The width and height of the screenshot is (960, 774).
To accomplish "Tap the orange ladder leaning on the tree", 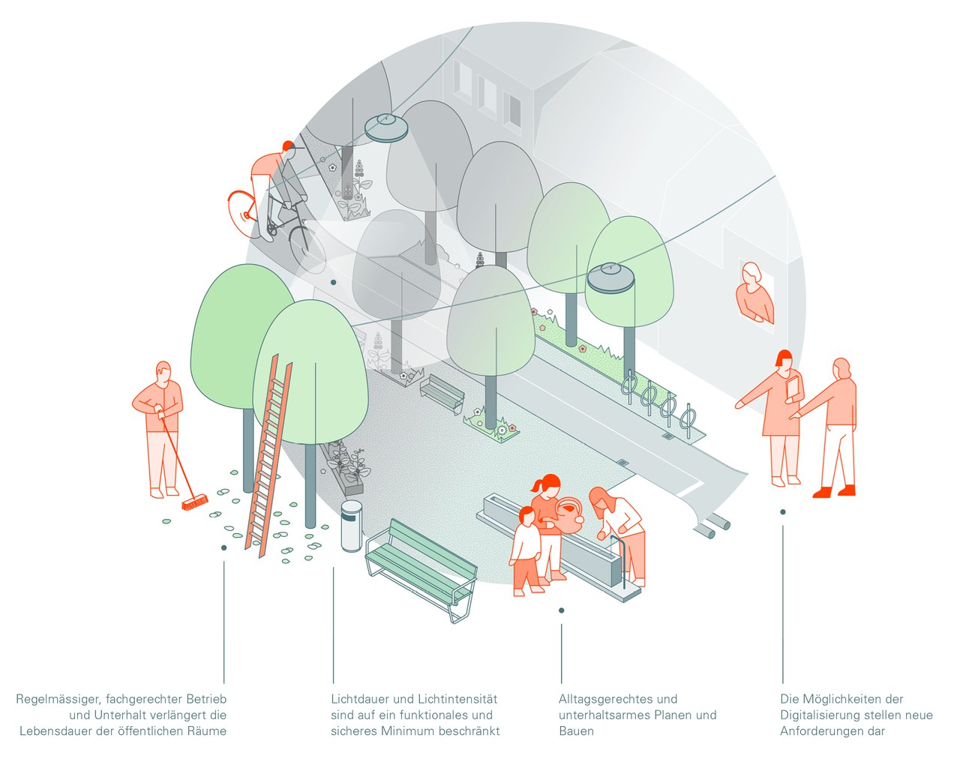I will [267, 457].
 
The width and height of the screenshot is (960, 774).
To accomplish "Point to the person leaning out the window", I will [754, 292].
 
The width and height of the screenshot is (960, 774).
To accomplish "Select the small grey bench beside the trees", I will [442, 392].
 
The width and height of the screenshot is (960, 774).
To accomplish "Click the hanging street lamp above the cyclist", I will [387, 127].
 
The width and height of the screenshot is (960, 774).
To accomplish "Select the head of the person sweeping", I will [163, 370].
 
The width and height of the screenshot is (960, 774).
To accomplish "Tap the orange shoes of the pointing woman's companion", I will [835, 491].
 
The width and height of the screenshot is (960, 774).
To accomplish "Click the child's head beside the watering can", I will [526, 515].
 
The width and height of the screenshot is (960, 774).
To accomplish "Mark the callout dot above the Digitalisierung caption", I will [783, 512].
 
